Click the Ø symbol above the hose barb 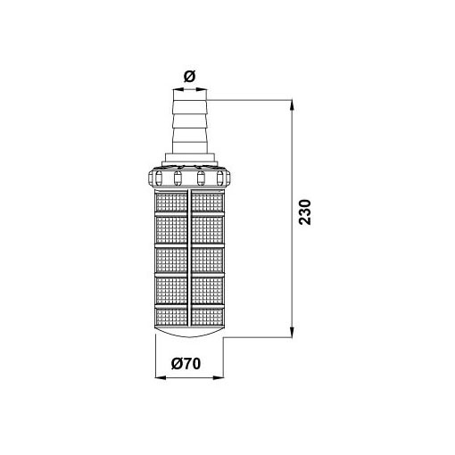pyautogui.click(x=189, y=77)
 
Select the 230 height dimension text pyautogui.click(x=305, y=212)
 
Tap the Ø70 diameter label pyautogui.click(x=186, y=363)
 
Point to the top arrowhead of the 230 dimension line pyautogui.click(x=293, y=105)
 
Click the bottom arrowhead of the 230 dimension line pyautogui.click(x=293, y=332)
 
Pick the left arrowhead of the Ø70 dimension pyautogui.click(x=161, y=377)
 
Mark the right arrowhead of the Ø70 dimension pyautogui.click(x=218, y=377)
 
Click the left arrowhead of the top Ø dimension pyautogui.click(x=178, y=89)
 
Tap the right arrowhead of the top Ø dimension pyautogui.click(x=202, y=89)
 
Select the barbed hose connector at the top pyautogui.click(x=190, y=127)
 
